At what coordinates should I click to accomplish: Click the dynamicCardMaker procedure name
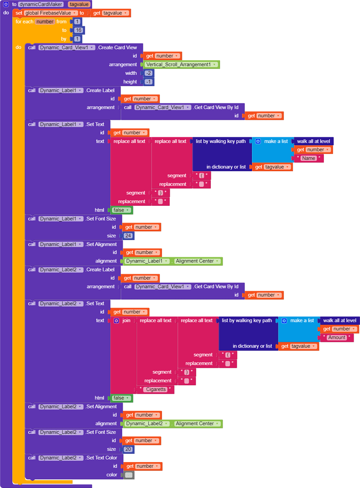point(41,4)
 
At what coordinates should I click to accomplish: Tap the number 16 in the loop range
point(78,30)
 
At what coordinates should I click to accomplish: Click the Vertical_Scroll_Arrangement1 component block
point(181,65)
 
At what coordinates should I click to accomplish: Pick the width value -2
point(149,73)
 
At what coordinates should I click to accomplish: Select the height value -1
point(149,82)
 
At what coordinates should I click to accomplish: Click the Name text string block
point(309,158)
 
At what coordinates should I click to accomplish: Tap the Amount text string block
point(337,337)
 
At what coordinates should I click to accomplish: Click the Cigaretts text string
point(156,389)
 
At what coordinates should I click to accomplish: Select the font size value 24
point(128,236)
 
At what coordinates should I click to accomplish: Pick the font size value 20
point(128,449)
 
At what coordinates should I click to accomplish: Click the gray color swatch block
point(129,475)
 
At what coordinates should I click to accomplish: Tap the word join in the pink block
point(126,321)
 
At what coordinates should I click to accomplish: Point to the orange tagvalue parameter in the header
point(79,4)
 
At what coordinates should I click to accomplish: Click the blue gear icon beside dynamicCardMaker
point(6,4)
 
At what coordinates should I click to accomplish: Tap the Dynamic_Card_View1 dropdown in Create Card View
point(67,47)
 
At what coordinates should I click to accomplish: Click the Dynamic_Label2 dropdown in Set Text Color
point(61,458)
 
